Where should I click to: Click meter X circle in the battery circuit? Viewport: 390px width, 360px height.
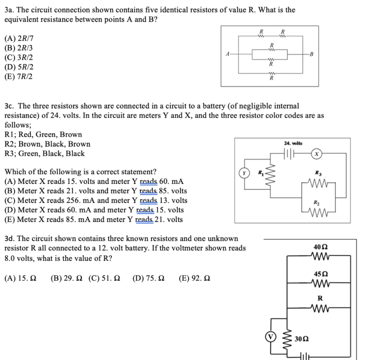[317, 154]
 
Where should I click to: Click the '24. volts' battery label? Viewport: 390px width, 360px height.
[293, 143]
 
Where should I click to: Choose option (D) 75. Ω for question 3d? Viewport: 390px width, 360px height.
[149, 278]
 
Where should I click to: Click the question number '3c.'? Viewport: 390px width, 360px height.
[10, 106]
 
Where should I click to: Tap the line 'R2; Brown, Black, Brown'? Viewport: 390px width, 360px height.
[47, 144]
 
